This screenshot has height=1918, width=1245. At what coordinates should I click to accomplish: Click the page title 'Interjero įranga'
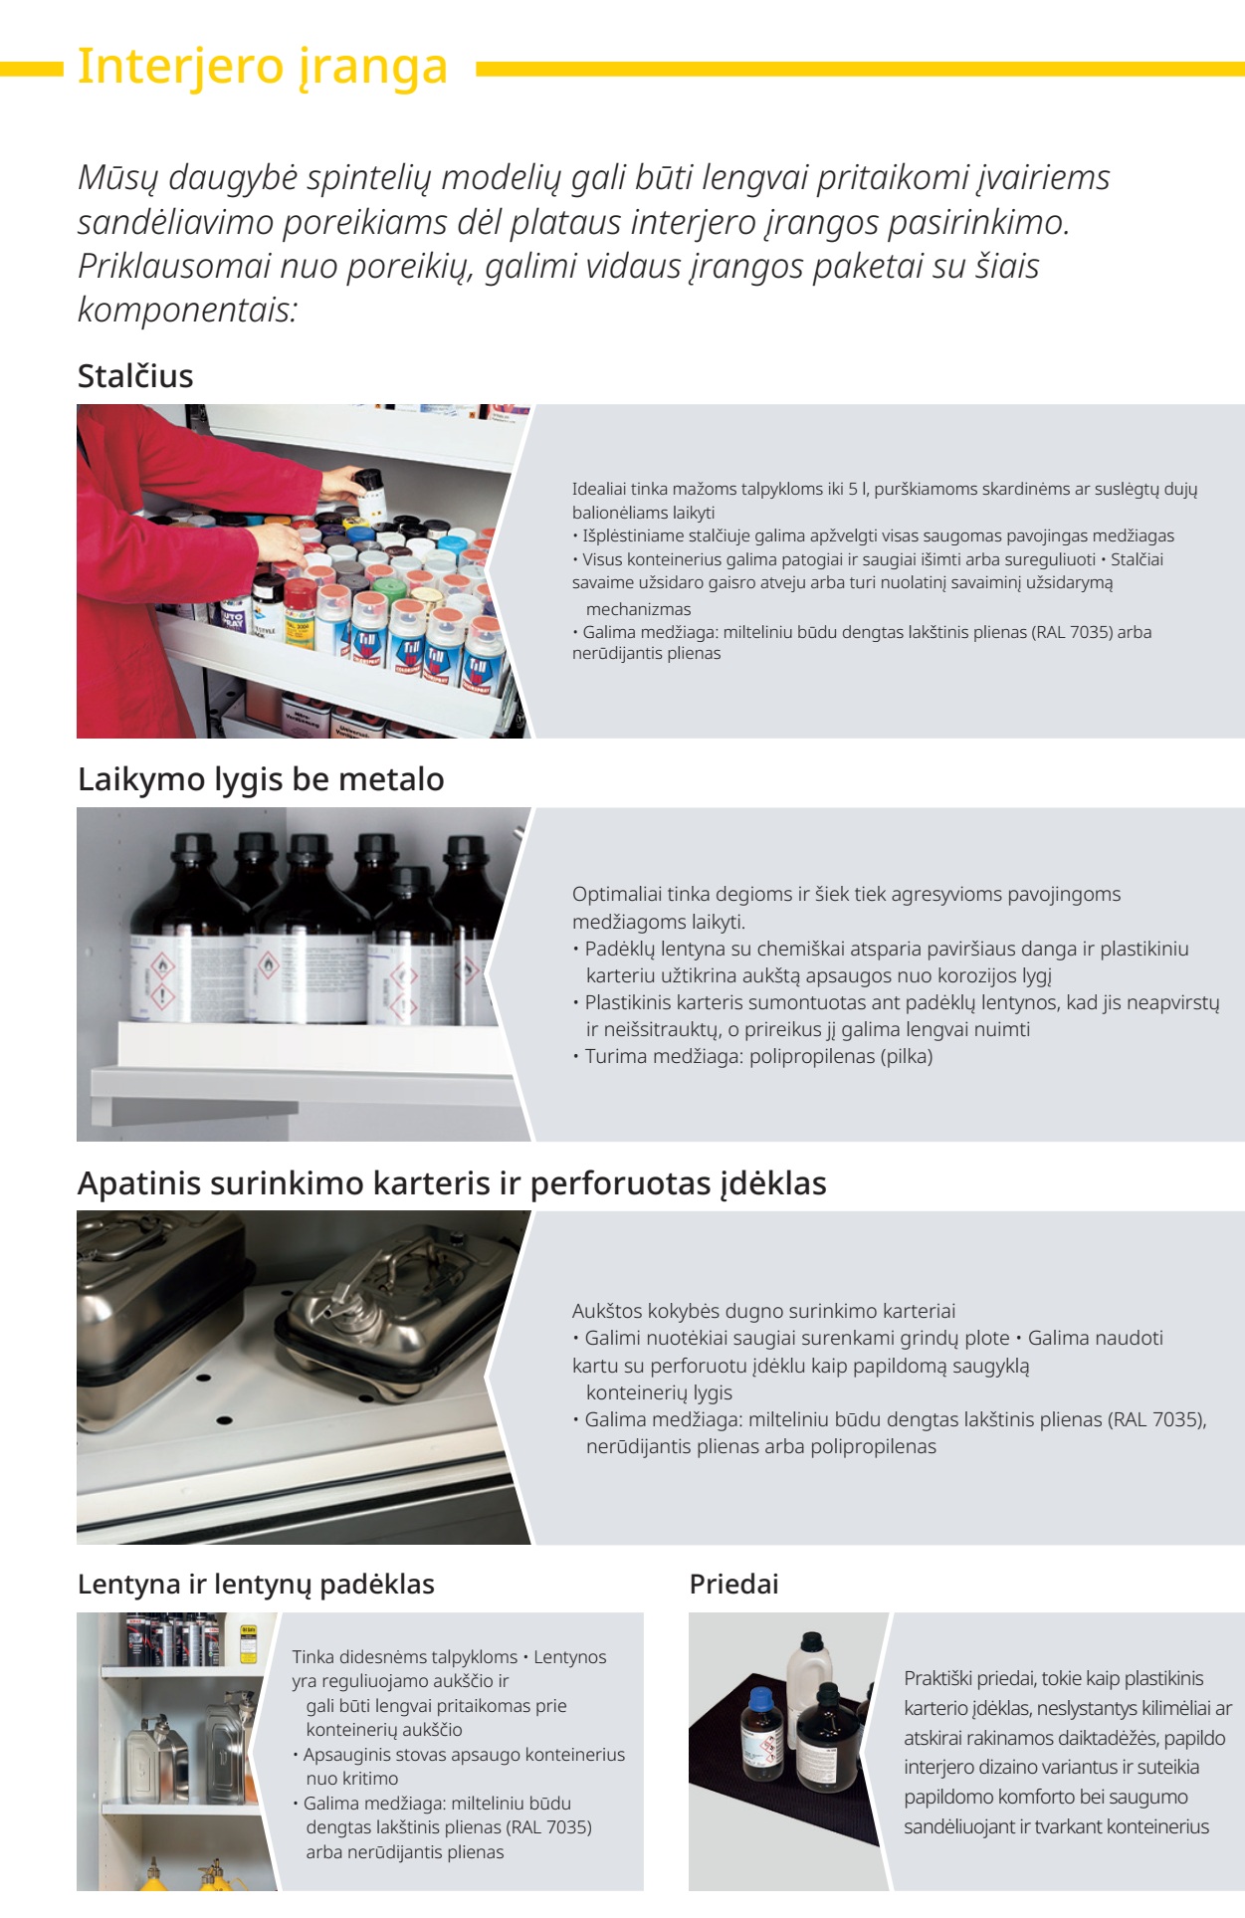point(263,68)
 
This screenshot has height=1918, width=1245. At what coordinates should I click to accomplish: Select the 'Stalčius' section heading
point(135,376)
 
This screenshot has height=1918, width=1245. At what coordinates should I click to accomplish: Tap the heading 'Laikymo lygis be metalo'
point(261,779)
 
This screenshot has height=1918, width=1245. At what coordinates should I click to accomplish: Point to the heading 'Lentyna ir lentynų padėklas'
point(256,1584)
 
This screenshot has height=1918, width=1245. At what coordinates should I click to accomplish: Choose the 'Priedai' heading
point(733,1584)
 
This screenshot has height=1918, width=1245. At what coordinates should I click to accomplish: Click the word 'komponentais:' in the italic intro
point(188,310)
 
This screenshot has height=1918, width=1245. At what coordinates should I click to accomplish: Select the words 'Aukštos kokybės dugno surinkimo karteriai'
point(763,1311)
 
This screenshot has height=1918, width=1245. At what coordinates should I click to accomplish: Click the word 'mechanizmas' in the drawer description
point(638,609)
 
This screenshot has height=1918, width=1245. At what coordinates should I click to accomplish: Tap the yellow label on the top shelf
point(249,1644)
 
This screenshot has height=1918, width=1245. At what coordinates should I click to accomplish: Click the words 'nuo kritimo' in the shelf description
point(352,1778)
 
